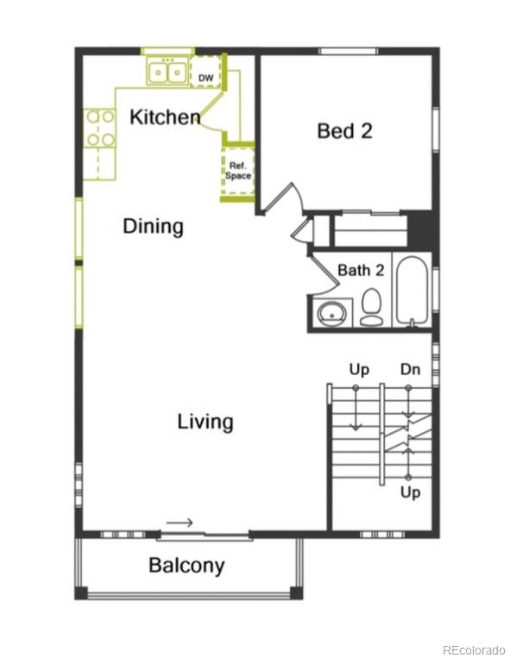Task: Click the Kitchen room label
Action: pos(165,117)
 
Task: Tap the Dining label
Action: pos(153,227)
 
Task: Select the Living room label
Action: pos(205,422)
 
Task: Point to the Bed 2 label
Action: pos(344,131)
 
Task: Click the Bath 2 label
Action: pos(360,270)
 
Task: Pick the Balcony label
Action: pos(186,566)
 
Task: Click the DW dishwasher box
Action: pos(205,77)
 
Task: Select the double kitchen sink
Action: pos(167,73)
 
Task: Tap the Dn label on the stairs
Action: pos(410,370)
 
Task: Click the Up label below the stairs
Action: pos(411,492)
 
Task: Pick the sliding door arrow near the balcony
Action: pos(179,523)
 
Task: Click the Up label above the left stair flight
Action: pos(359,370)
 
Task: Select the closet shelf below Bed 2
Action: pos(370,231)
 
